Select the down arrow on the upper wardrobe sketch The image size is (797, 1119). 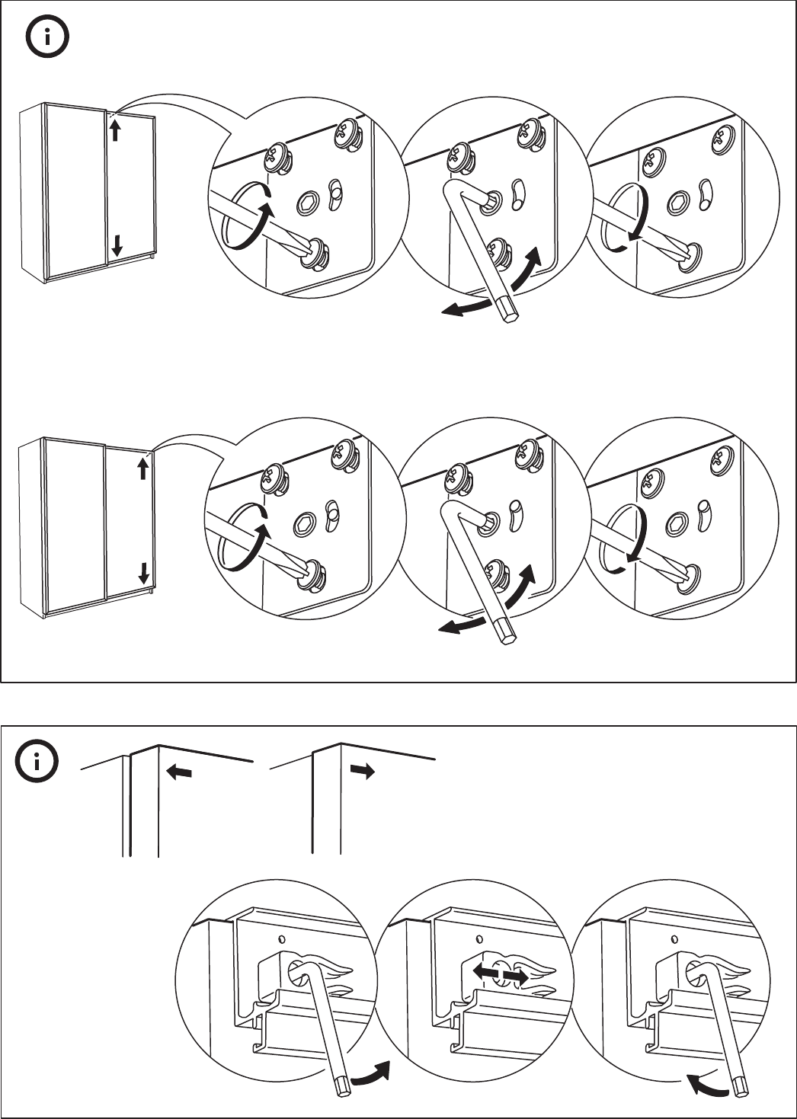[117, 245]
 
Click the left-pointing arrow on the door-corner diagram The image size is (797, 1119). [179, 773]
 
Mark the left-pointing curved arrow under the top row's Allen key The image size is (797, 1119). [466, 307]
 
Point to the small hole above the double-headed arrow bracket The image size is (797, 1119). [479, 938]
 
